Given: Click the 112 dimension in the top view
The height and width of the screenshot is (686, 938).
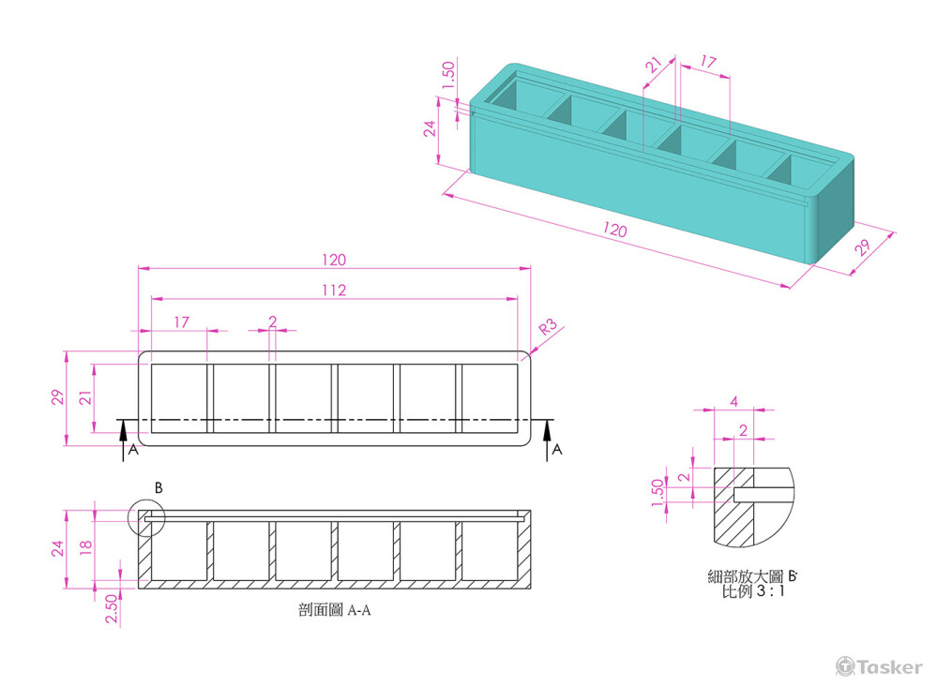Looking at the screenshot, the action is pyautogui.click(x=334, y=291).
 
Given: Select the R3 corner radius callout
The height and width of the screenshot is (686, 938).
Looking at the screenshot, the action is pyautogui.click(x=548, y=327).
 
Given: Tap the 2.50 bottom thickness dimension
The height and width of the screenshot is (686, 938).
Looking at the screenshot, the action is pyautogui.click(x=112, y=608).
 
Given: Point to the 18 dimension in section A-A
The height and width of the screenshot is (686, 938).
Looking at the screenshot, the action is pyautogui.click(x=86, y=544).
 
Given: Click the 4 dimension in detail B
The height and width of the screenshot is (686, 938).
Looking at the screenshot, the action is pyautogui.click(x=734, y=401).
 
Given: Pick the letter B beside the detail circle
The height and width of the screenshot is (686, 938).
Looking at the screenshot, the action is pyautogui.click(x=159, y=487).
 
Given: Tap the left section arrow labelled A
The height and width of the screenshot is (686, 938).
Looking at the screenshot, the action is pyautogui.click(x=123, y=440).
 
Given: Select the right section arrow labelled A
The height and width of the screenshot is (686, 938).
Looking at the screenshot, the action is pyautogui.click(x=548, y=440).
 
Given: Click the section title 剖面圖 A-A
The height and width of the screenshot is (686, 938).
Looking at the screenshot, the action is pyautogui.click(x=335, y=609).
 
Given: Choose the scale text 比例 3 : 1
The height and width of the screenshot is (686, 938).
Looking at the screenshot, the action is pyautogui.click(x=753, y=591).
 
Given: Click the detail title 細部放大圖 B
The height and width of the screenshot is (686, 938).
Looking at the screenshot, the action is pyautogui.click(x=752, y=576).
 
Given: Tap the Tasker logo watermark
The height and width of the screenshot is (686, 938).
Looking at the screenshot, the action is pyautogui.click(x=879, y=666).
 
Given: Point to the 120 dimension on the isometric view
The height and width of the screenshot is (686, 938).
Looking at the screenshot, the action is pyautogui.click(x=614, y=230).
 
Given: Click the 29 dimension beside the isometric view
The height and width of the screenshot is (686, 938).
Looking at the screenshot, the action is pyautogui.click(x=862, y=246).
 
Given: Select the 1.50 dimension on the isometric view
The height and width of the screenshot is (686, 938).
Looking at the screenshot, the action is pyautogui.click(x=448, y=75).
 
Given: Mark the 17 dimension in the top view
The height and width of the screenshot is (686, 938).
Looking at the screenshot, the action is pyautogui.click(x=181, y=322).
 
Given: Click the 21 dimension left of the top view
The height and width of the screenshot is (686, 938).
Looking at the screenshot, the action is pyautogui.click(x=86, y=397).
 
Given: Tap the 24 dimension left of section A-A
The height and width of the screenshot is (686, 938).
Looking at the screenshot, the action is pyautogui.click(x=57, y=548).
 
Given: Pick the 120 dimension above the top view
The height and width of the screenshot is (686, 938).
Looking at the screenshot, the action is pyautogui.click(x=334, y=260).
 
